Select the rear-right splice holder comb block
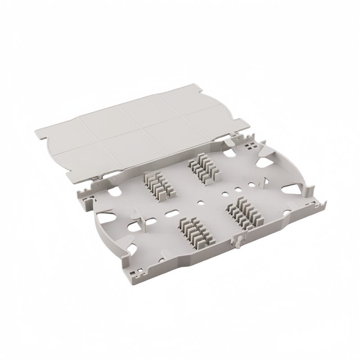(199, 168)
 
